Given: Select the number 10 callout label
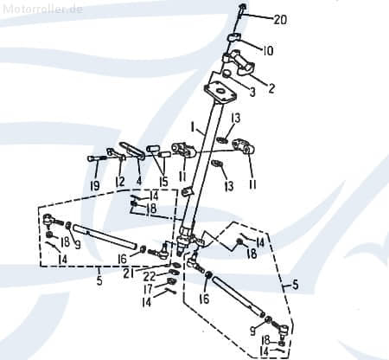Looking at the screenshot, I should coord(267,51).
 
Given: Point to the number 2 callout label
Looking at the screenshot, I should coord(271,87).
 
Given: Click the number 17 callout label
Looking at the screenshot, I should coord(148,291).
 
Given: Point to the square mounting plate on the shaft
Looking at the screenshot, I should coord(220,90).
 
